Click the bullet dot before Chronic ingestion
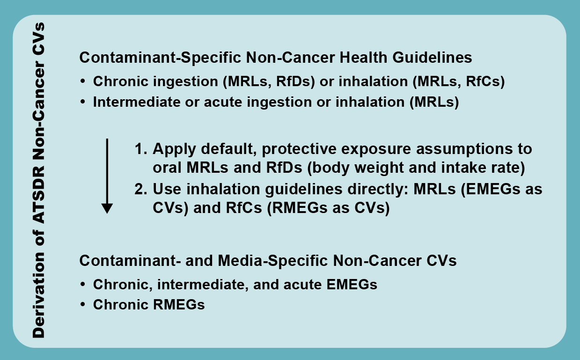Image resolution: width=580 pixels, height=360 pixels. click(x=83, y=81)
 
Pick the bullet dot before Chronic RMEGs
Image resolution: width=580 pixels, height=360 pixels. click(x=83, y=305)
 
